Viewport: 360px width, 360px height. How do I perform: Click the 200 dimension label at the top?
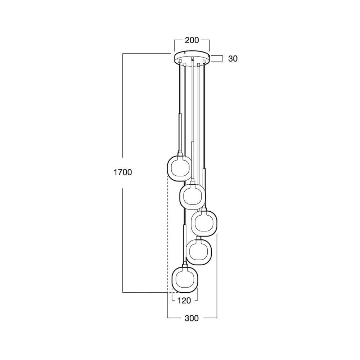pyautogui.click(x=192, y=40)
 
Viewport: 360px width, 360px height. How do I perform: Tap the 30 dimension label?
pyautogui.click(x=233, y=59)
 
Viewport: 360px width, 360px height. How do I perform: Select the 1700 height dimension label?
pyautogui.click(x=123, y=172)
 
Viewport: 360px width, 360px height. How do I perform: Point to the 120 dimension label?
pyautogui.click(x=184, y=301)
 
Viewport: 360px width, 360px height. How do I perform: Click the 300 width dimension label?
pyautogui.click(x=192, y=318)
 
